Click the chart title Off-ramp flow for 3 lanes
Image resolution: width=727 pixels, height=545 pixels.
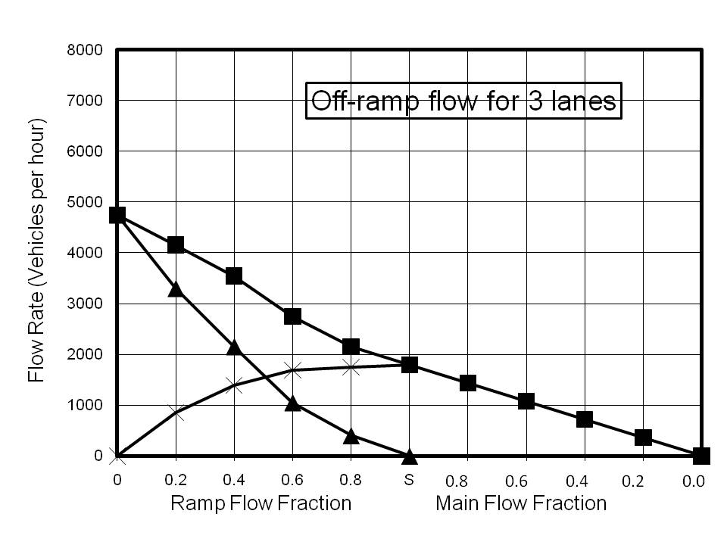[463, 101]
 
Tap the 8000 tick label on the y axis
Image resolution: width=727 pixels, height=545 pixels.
[87, 51]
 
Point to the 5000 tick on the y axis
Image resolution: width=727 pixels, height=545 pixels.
[87, 203]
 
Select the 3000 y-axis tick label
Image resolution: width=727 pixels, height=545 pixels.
[87, 304]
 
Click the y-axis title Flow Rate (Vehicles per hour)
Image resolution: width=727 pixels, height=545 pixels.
[36, 250]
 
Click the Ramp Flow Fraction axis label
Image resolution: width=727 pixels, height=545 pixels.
[261, 503]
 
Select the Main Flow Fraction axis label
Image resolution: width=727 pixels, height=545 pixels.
[521, 503]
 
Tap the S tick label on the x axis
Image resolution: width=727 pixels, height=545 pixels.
[409, 480]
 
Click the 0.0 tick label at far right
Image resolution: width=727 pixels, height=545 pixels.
[694, 480]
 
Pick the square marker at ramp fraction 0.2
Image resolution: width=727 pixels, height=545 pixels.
[176, 244]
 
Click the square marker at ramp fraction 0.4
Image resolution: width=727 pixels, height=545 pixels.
[234, 276]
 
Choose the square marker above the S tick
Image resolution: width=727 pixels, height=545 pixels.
[410, 365]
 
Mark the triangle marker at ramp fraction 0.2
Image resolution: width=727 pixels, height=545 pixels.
[176, 288]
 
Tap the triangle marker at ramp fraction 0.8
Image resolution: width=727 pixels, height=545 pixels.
[351, 435]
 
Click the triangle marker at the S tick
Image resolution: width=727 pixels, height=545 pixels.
[410, 456]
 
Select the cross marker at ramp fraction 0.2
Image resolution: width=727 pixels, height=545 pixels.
[176, 413]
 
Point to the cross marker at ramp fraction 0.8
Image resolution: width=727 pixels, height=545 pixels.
[351, 367]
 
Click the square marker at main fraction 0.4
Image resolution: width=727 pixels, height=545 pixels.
[584, 419]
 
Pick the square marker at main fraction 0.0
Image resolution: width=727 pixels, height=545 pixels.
[701, 456]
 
